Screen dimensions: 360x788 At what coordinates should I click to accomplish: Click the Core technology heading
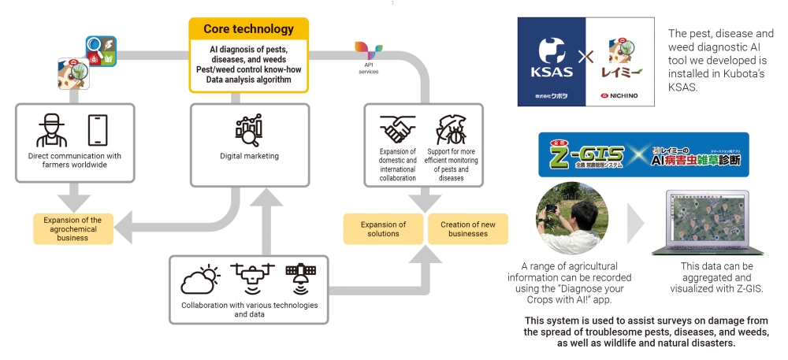[x=248, y=29]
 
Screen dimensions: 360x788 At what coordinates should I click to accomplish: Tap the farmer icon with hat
[x=51, y=131]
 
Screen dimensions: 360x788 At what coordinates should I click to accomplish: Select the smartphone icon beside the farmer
[x=97, y=131]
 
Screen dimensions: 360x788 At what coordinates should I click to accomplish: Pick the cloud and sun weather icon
[x=199, y=279]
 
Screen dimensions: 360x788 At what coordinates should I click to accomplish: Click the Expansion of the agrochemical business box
[x=72, y=228]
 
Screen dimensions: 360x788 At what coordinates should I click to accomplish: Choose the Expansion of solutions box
[x=384, y=228]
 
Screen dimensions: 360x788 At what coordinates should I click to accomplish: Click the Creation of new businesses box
[x=467, y=228]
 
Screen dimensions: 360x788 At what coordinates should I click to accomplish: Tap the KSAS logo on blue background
[x=551, y=61]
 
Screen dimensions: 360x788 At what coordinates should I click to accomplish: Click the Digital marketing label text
[x=249, y=156]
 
